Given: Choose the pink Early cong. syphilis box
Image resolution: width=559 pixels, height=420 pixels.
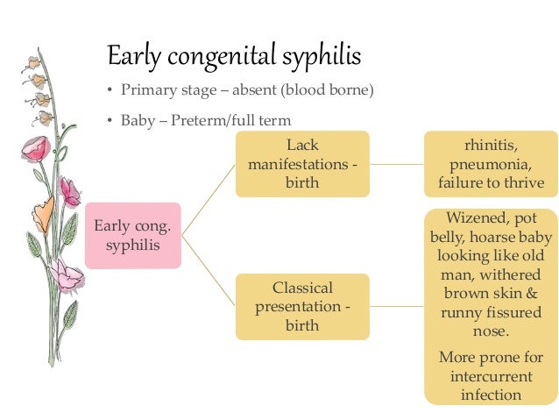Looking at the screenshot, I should [x=132, y=235].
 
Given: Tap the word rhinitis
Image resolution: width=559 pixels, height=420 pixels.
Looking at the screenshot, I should [x=491, y=145].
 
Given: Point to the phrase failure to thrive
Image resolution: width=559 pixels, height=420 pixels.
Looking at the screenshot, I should [x=491, y=183].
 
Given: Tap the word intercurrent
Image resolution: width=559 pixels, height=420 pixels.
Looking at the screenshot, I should [x=491, y=376].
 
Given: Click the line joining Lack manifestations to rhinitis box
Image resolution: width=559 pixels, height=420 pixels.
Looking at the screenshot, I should [x=396, y=163].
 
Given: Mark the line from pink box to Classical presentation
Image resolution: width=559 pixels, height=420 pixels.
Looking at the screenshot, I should [x=208, y=272].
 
